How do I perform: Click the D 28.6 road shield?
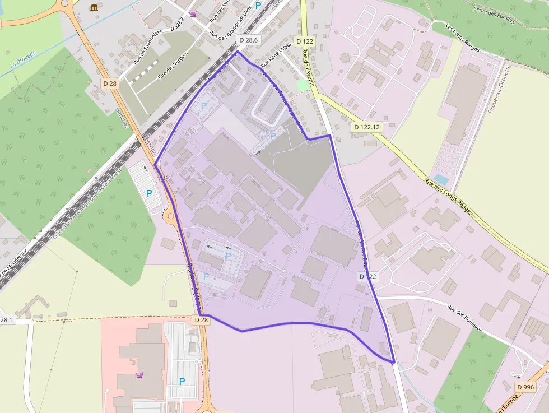248,40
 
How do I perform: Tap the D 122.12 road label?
367,127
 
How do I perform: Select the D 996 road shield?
525,387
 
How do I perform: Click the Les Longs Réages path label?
463,37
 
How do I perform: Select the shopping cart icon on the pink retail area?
139,374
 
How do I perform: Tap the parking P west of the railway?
149,193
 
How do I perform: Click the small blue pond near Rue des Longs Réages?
440,179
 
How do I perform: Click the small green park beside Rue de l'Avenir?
303,85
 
